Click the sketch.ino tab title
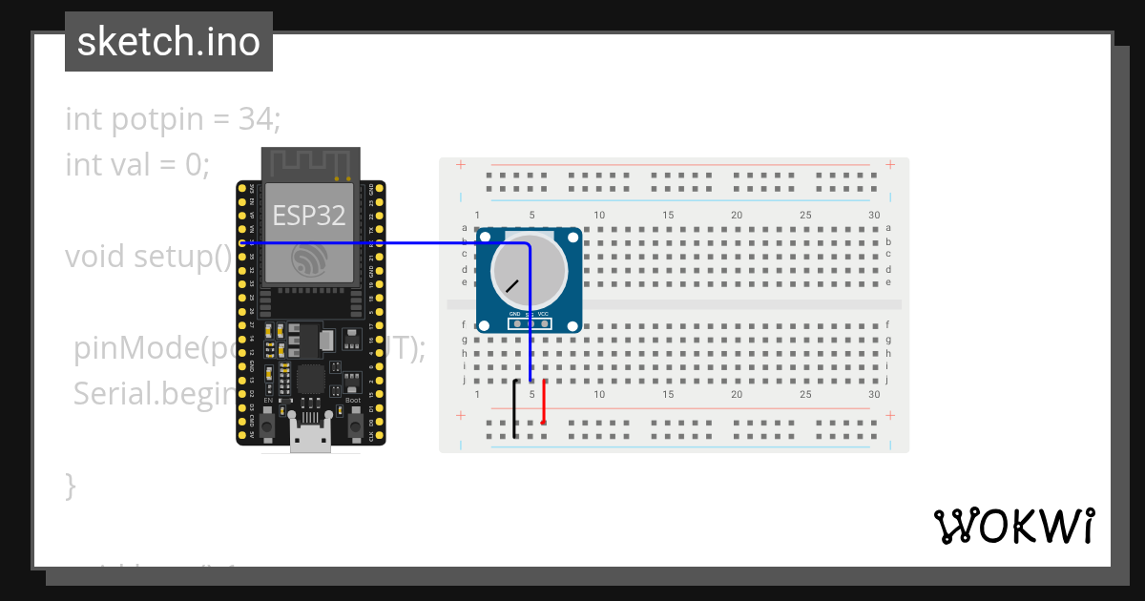[168, 42]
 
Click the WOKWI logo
[1013, 526]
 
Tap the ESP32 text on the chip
[309, 216]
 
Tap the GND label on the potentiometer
[515, 314]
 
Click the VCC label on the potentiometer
[543, 314]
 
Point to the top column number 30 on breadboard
[874, 216]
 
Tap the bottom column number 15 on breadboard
[668, 394]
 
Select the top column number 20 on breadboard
[737, 216]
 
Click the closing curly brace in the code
[71, 485]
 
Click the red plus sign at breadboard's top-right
[890, 165]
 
